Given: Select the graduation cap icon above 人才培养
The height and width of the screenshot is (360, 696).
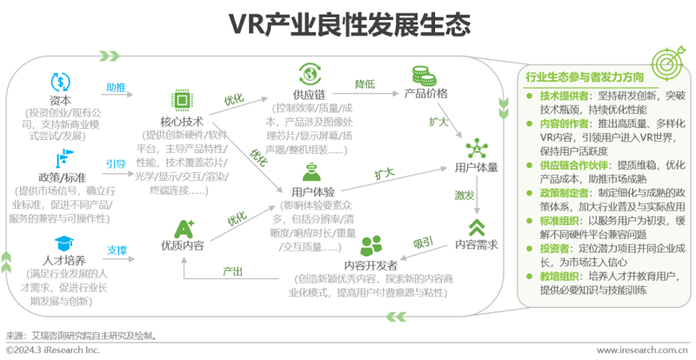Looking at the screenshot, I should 62,243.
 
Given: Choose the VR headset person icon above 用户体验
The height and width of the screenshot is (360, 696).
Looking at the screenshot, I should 308,170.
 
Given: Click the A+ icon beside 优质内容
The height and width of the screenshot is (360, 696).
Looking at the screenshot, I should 184,228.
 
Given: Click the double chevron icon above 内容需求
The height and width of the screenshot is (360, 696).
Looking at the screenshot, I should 475,229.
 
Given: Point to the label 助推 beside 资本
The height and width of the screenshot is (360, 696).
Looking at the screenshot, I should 115,88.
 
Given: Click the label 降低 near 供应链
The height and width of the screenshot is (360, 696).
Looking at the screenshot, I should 365,83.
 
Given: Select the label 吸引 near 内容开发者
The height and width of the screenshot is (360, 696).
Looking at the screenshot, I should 423,240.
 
